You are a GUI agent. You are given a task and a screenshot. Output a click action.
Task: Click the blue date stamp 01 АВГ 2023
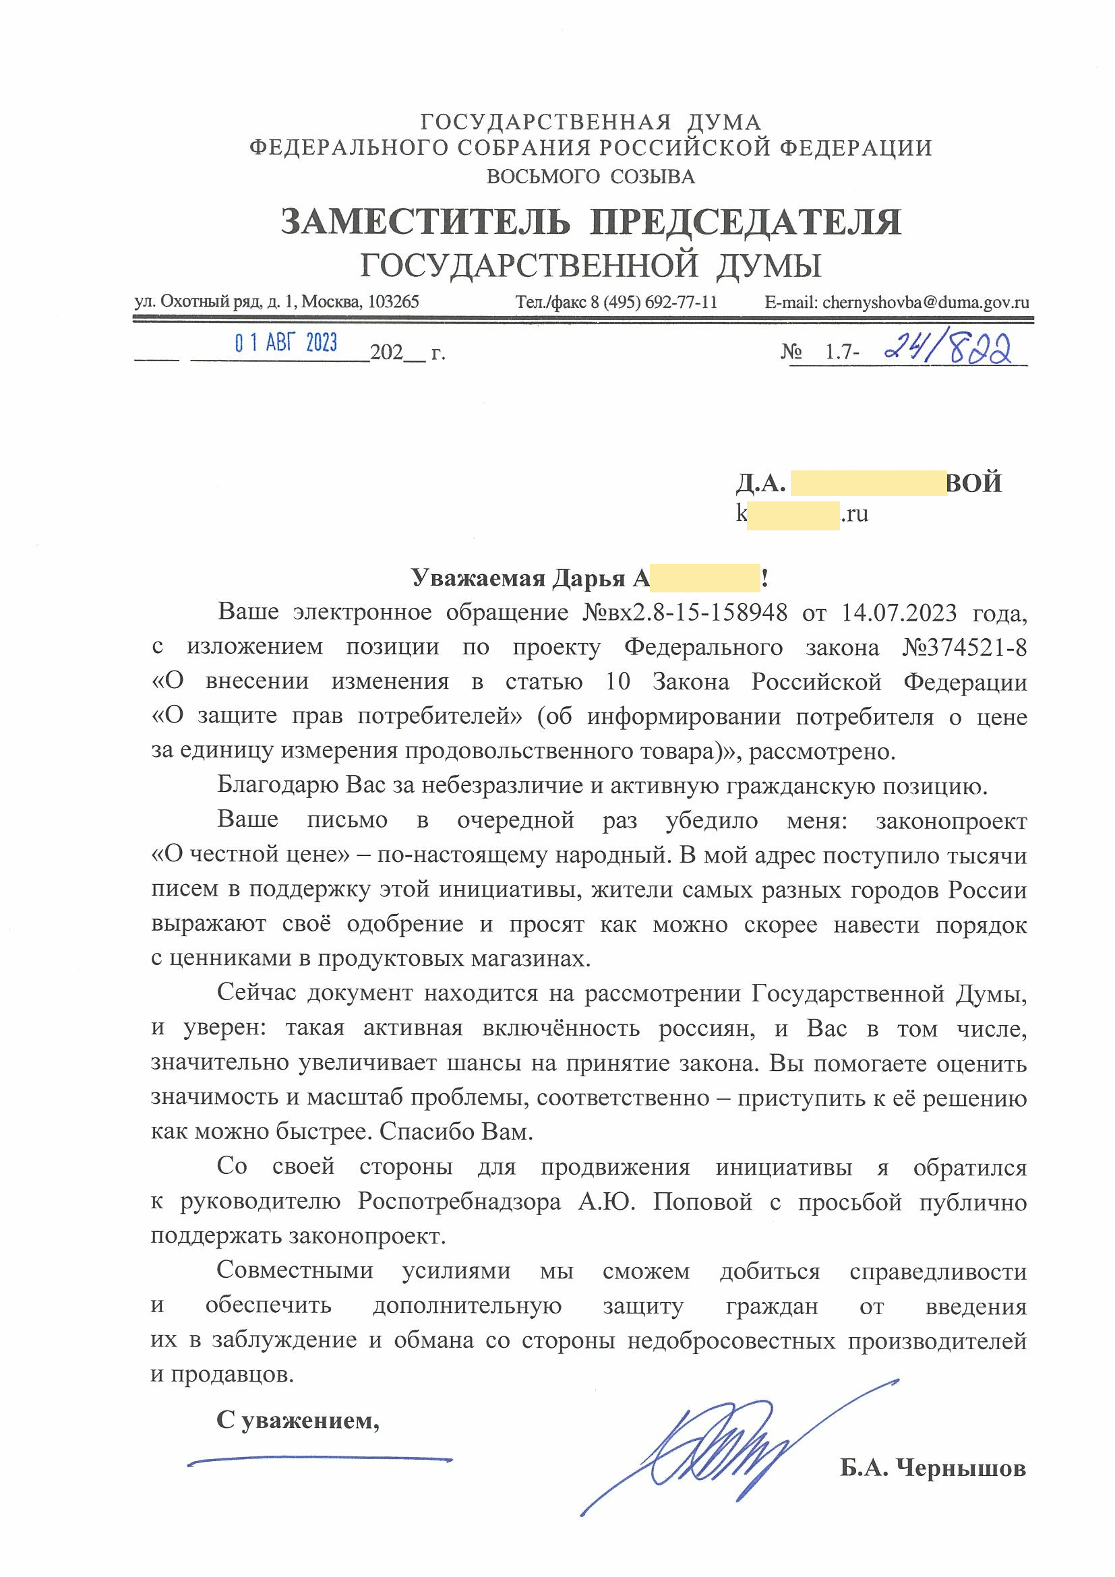tap(286, 342)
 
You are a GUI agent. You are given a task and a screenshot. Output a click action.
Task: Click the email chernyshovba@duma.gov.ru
tap(926, 302)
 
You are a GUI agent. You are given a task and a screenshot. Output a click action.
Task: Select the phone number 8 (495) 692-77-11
tap(653, 302)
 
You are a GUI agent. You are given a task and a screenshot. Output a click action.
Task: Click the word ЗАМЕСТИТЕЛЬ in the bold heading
tap(425, 222)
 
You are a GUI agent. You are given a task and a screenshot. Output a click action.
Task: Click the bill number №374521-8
tap(964, 648)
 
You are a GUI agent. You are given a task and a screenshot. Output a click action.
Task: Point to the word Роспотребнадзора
tap(459, 1202)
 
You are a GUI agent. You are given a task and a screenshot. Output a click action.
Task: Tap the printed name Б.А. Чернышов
tap(932, 1468)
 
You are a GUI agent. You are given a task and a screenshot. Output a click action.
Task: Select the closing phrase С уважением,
tap(297, 1419)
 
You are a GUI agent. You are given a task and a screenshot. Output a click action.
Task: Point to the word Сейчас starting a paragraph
tap(257, 993)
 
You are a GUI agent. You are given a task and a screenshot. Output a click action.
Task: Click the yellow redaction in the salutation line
tap(705, 578)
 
